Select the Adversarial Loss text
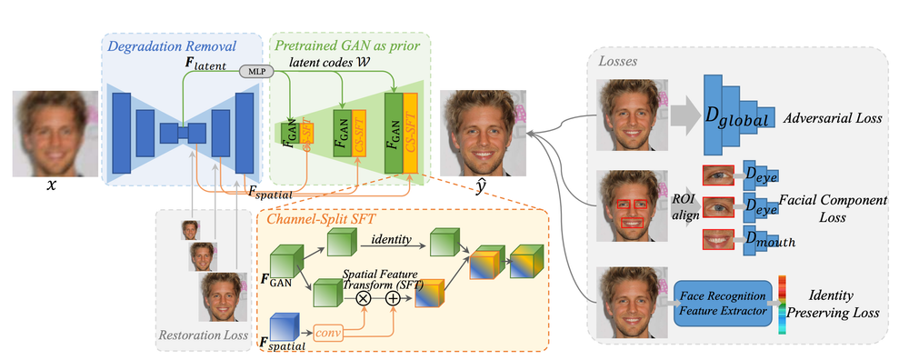834,118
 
